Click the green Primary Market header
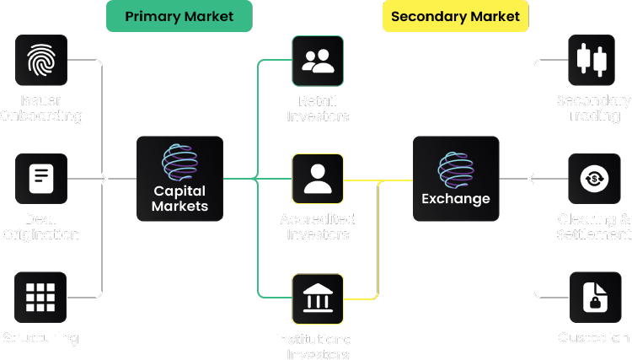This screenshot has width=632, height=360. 180,17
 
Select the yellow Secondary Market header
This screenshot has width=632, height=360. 455,17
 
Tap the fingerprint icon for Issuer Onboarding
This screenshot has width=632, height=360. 40,60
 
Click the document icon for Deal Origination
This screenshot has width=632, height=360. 40,178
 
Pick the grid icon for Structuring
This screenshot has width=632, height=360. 40,297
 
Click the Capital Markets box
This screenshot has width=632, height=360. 180,178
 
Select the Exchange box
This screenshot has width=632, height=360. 456,178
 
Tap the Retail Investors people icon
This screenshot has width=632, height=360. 318,60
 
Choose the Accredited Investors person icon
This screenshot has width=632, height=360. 318,178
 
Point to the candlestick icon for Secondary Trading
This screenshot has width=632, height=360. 594,60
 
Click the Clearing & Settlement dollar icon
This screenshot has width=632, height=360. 594,178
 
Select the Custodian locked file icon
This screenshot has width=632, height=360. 594,297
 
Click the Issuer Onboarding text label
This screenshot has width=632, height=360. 40,108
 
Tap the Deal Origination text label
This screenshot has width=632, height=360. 40,226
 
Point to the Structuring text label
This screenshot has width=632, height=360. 40,338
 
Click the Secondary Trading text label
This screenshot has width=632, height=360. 594,108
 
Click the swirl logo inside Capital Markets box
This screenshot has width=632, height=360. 179,163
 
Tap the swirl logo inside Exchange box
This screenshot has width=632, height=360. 456,167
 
